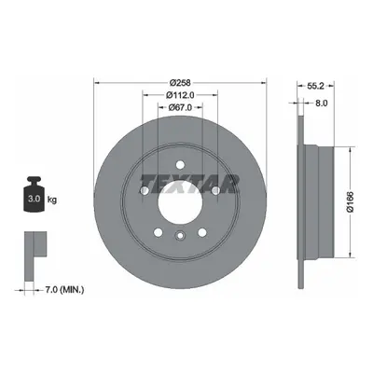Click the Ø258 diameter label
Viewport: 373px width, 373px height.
180,83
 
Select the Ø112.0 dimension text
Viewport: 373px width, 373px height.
180,95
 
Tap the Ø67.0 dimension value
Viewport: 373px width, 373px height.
180,107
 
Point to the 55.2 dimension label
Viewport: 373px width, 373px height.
315,86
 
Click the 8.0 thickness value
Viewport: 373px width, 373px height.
322,103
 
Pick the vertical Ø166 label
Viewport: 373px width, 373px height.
350,202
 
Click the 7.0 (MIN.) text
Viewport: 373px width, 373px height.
64,290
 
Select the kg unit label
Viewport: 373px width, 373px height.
52,200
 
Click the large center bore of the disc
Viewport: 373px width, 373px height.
180,202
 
